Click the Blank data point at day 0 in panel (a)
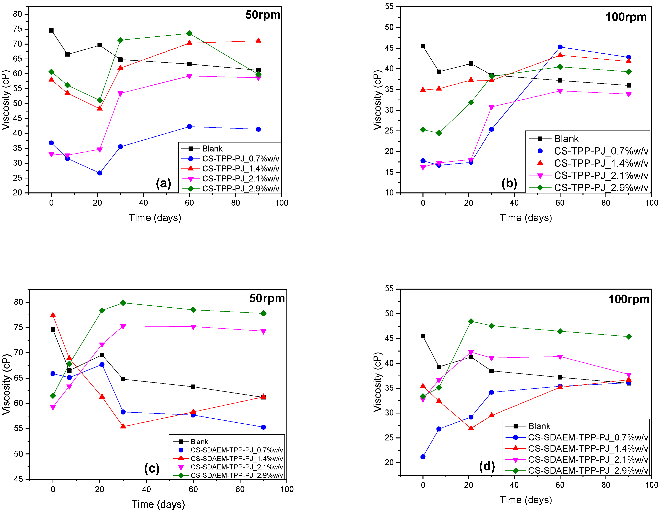tap(52, 30)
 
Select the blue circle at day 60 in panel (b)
tap(560, 47)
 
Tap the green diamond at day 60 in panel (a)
tap(189, 33)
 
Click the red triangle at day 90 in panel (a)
tap(258, 41)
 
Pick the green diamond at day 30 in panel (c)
tap(123, 303)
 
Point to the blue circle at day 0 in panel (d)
tap(423, 457)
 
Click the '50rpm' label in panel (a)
tap(262, 15)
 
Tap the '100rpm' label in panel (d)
tap(629, 299)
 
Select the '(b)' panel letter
tap(509, 183)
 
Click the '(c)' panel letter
tap(152, 468)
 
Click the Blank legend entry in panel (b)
tap(566, 139)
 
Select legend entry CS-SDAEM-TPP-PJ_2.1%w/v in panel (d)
tap(588, 459)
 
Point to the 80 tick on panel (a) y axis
tap(18, 14)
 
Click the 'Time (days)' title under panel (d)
tap(526, 500)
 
